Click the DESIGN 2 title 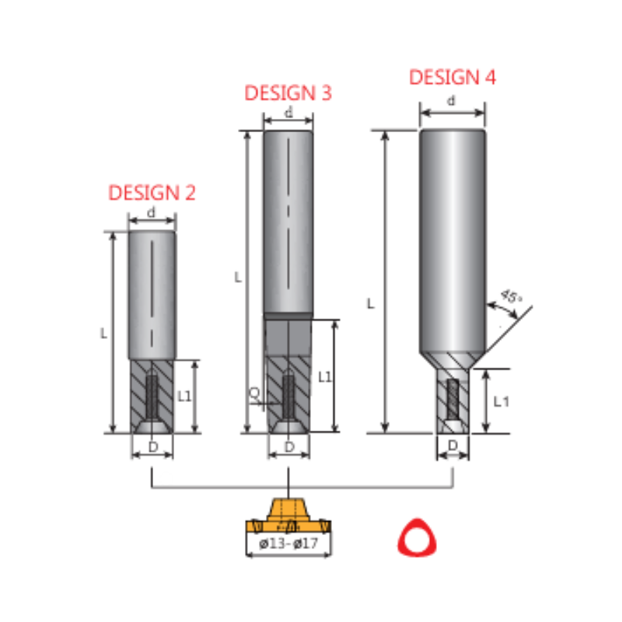[152, 192]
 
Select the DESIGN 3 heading [288, 93]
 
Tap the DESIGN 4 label [453, 77]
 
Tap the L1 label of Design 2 [184, 396]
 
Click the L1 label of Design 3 [324, 376]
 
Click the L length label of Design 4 [371, 304]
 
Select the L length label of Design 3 [238, 278]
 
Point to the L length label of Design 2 [103, 333]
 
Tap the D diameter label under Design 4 [453, 446]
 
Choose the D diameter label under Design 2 [152, 446]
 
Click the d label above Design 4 [452, 101]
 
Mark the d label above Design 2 [152, 211]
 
